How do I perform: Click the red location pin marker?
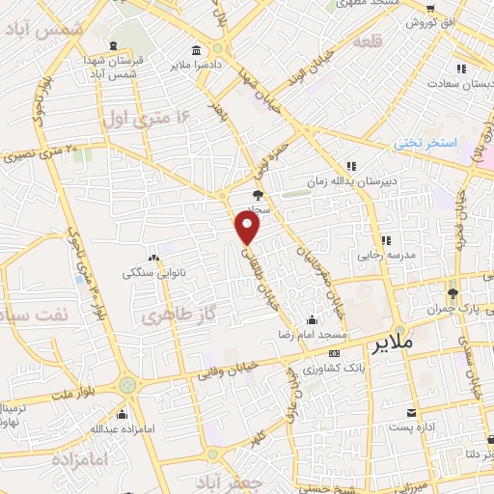point(248,227)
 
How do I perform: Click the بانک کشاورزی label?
point(328,370)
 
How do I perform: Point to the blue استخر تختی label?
point(425,144)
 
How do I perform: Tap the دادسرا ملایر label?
point(196,65)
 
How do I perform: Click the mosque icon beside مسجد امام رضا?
point(312,319)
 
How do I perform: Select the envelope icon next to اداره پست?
point(413,411)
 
